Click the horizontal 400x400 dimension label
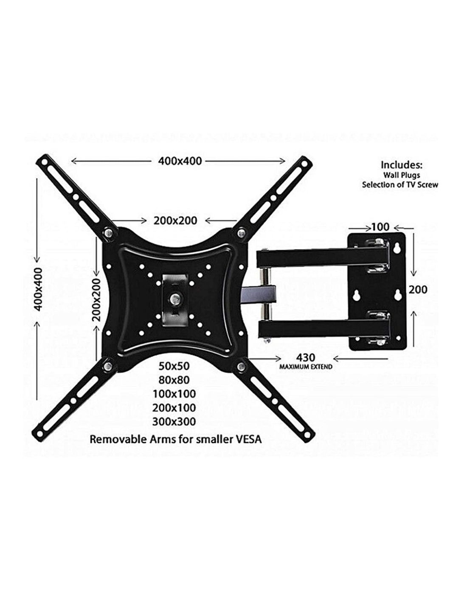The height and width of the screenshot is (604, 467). [x=180, y=161]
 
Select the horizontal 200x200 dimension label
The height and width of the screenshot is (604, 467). [x=175, y=220]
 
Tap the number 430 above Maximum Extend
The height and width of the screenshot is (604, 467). [x=306, y=357]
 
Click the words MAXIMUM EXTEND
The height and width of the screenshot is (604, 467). [x=306, y=367]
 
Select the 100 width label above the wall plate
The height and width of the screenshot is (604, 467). [x=380, y=227]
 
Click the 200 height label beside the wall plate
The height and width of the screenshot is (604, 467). [x=418, y=290]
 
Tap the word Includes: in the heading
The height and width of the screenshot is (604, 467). [x=402, y=165]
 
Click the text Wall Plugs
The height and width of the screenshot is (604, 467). [x=402, y=175]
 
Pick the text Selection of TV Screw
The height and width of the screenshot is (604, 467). [x=400, y=185]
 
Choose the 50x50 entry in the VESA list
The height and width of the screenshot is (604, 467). [x=174, y=366]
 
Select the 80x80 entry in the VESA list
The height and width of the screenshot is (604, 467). [x=174, y=380]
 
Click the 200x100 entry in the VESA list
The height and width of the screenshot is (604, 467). [x=174, y=407]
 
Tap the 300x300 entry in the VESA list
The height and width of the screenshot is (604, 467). [x=174, y=421]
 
